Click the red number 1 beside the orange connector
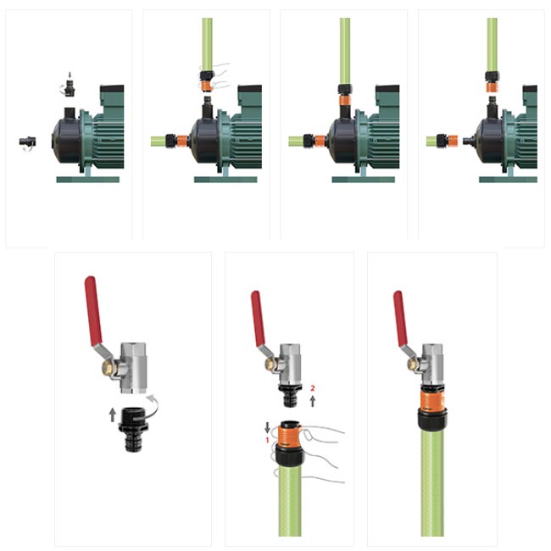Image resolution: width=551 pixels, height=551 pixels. click(x=267, y=440)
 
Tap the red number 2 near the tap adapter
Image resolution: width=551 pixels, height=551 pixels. click(x=313, y=388)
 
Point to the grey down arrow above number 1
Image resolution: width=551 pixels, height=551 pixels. click(x=267, y=427)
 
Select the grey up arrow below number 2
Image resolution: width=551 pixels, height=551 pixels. click(x=313, y=401)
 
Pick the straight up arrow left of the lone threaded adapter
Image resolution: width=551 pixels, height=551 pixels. click(x=113, y=415)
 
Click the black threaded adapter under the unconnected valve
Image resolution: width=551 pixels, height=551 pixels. click(x=133, y=430)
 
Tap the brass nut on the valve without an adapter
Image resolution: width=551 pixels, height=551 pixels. click(x=108, y=368)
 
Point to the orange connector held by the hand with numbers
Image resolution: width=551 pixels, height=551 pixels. click(x=290, y=433)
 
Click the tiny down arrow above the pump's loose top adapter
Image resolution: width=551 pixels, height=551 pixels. click(x=70, y=75)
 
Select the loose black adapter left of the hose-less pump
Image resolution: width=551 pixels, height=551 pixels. click(x=27, y=142)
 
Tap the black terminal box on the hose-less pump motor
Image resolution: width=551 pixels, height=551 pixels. click(x=112, y=88)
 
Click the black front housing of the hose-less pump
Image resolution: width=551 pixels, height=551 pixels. click(x=67, y=141)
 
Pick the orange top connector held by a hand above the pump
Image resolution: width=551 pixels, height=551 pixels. click(x=207, y=86)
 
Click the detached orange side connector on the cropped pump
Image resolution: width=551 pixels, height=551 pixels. click(x=453, y=142)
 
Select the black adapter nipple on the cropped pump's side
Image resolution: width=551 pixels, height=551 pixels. click(x=469, y=142)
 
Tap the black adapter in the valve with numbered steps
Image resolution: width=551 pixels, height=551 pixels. click(x=290, y=396)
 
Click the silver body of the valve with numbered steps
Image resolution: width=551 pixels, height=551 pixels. click(x=290, y=364)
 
